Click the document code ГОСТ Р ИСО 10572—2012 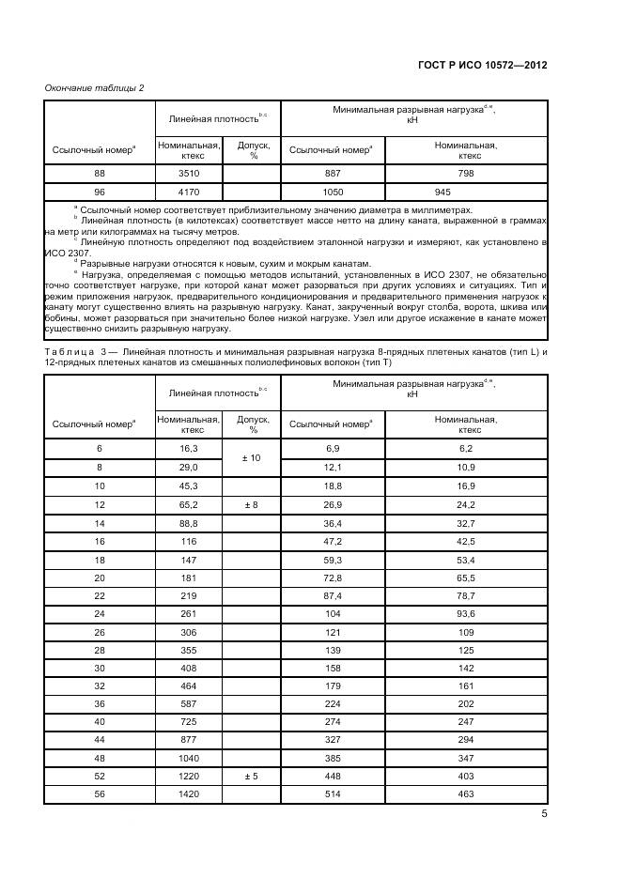click(483, 66)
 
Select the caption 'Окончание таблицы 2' click(94, 87)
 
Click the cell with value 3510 click(189, 174)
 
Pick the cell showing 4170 click(189, 191)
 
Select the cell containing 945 click(465, 191)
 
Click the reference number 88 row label click(100, 174)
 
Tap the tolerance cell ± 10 click(253, 457)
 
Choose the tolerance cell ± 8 click(253, 504)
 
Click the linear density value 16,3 click(189, 450)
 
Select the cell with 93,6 click(465, 612)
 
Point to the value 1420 click(189, 794)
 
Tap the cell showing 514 click(333, 794)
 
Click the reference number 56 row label click(100, 794)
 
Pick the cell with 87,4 click(333, 595)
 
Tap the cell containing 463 click(465, 794)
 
